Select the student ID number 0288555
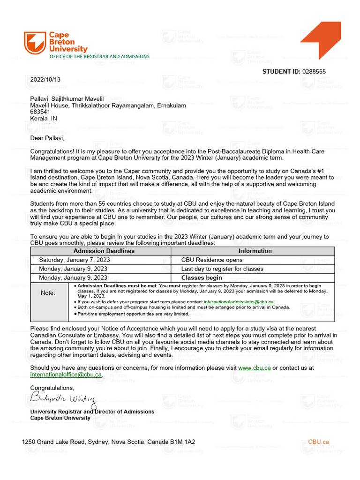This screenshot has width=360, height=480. (x=314, y=72)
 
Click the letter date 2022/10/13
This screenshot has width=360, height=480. (x=45, y=79)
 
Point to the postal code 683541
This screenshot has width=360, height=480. (x=40, y=112)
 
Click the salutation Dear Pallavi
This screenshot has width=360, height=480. (x=47, y=138)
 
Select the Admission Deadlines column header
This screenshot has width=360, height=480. (x=104, y=251)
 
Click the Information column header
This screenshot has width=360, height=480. (x=255, y=251)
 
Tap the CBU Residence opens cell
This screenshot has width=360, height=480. (x=212, y=260)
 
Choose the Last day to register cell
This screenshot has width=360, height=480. (x=222, y=269)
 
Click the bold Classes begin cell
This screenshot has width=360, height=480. (x=202, y=278)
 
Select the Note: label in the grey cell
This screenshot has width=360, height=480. (x=48, y=293)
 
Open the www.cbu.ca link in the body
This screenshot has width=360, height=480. (x=254, y=368)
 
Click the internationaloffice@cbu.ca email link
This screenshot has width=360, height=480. (x=66, y=375)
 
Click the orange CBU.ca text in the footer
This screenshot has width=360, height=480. (x=318, y=442)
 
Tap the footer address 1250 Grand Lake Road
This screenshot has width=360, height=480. (x=108, y=442)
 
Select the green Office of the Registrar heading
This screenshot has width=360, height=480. (x=100, y=56)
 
